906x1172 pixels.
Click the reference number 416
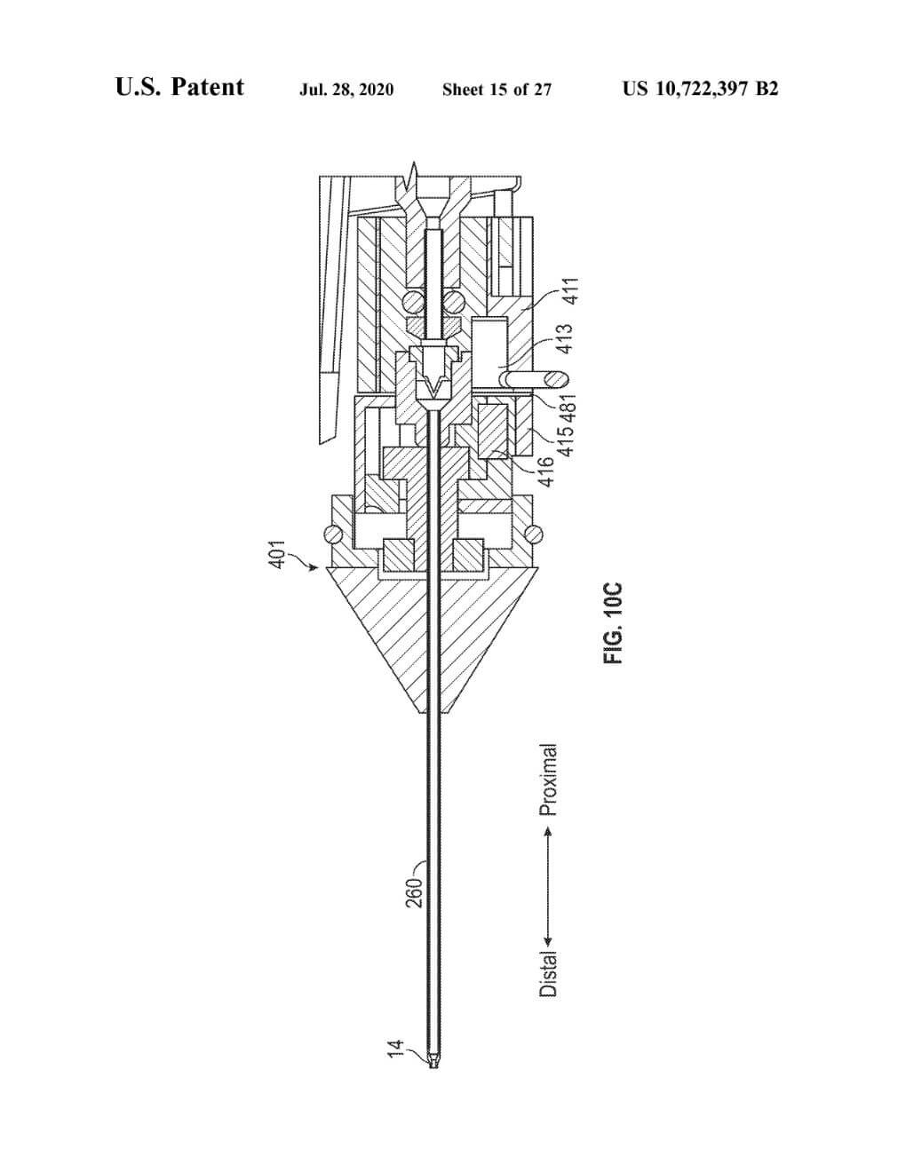[546, 471]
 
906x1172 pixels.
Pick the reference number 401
[277, 554]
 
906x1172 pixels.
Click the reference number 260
[414, 893]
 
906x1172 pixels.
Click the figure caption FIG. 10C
[613, 623]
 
